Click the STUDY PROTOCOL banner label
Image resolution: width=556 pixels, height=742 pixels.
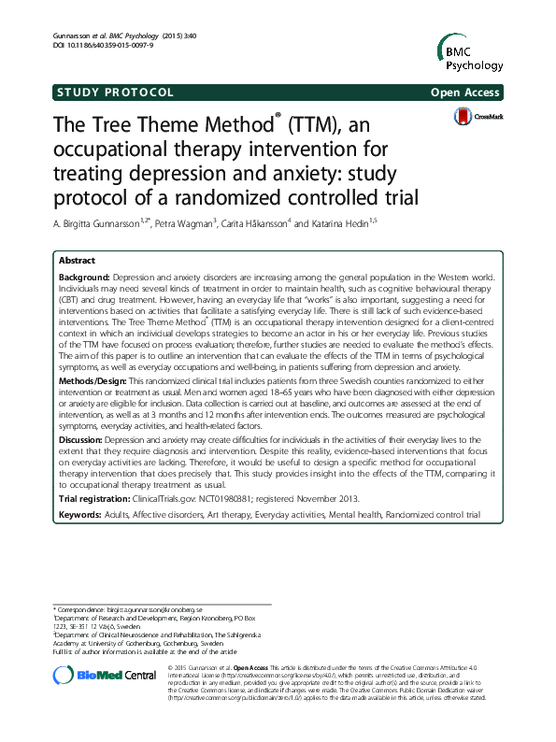click(x=115, y=92)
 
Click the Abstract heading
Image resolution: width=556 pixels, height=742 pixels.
click(x=78, y=263)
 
